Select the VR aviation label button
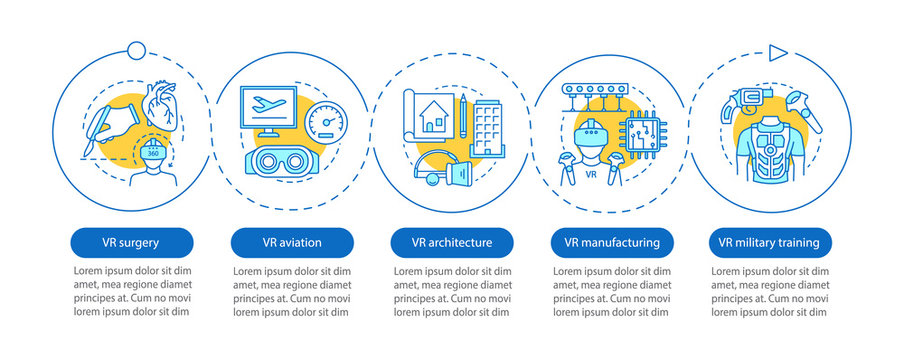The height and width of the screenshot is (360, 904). pos(293,242)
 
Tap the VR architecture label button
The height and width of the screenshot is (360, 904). pos(452,242)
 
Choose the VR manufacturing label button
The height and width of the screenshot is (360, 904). pos(612,242)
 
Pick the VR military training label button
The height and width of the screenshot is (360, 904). pos(770,242)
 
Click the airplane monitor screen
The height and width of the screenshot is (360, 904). pos(277,107)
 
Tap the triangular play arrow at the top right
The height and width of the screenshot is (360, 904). pos(778,52)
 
